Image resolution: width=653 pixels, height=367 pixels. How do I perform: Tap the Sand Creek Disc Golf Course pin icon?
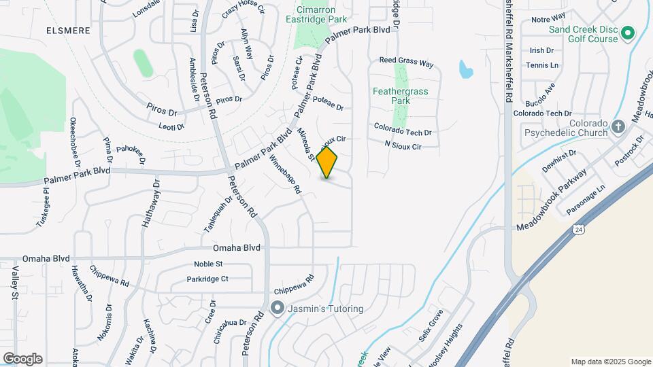[628, 31]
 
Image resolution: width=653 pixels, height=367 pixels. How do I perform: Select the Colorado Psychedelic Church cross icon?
[618, 126]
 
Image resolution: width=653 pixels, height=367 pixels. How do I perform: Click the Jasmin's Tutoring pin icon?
[277, 309]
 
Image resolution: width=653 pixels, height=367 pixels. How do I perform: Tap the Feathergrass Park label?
[392, 95]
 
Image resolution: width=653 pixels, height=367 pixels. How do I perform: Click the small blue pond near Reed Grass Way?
[465, 69]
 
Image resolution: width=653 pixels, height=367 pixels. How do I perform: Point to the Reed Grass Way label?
[406, 62]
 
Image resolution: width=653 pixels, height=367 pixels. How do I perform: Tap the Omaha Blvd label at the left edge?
[46, 259]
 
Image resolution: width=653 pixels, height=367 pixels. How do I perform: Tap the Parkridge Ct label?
[207, 279]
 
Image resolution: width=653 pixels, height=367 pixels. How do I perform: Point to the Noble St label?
[209, 264]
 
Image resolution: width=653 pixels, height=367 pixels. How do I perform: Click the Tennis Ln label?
[541, 65]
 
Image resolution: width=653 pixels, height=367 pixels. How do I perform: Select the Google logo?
[22, 359]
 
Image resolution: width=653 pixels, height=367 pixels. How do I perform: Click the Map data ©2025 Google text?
[610, 362]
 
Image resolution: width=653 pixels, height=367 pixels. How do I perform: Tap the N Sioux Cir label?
[403, 146]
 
